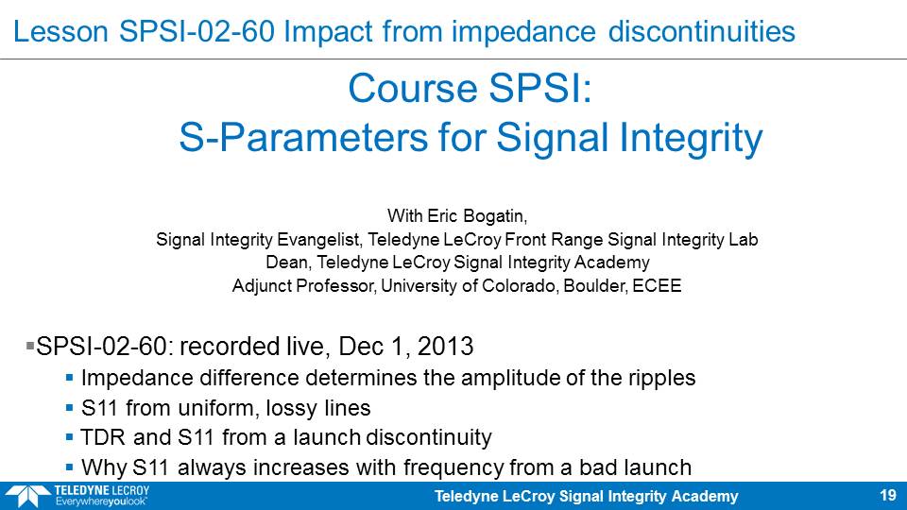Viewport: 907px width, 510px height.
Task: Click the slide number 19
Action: [888, 496]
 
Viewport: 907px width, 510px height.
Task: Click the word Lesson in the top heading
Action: [60, 31]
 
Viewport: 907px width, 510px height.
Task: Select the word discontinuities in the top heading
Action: [702, 31]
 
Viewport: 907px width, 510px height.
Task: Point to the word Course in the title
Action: [413, 89]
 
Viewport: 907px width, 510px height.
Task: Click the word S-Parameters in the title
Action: [304, 138]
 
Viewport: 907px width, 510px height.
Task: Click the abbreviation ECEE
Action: [658, 285]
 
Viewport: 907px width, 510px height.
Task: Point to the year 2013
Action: [445, 347]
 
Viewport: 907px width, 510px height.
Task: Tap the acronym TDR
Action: [103, 437]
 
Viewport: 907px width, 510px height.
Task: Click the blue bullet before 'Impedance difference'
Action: [69, 378]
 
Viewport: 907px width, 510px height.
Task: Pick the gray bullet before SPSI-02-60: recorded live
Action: [30, 346]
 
